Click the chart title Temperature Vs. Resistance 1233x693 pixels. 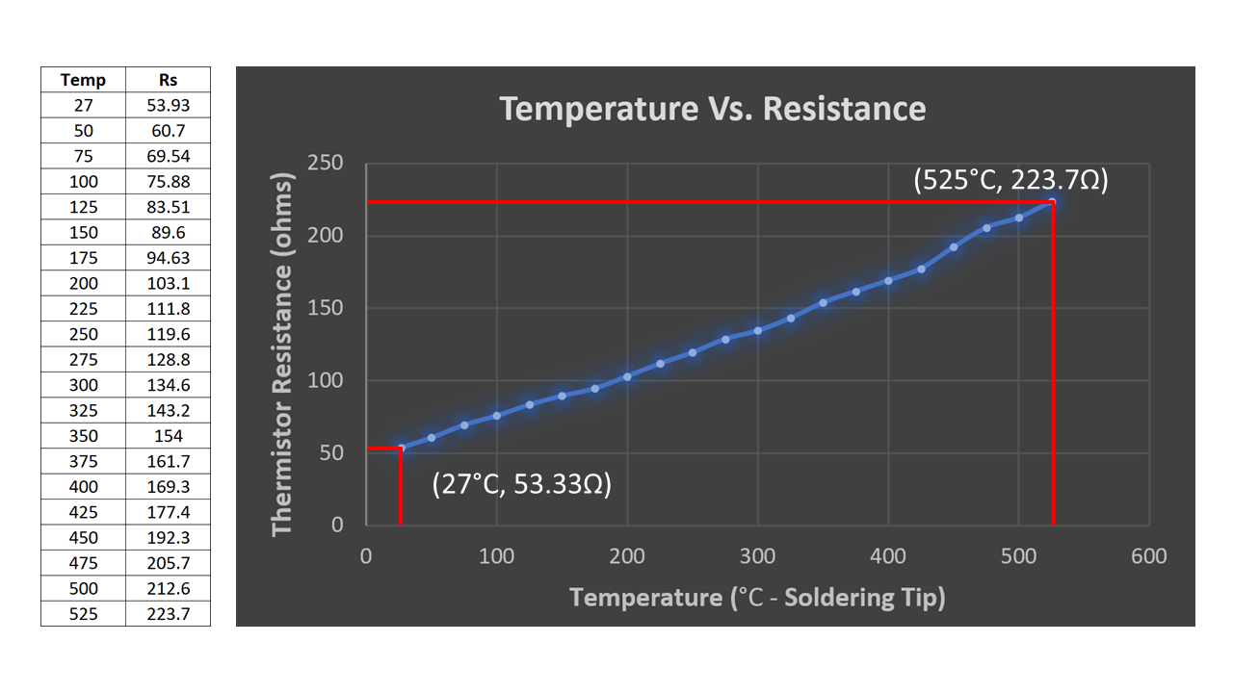pos(712,109)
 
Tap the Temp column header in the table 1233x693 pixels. pos(83,80)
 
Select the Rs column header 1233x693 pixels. pos(168,80)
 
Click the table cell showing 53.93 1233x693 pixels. pos(168,105)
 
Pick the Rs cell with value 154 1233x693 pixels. pos(168,436)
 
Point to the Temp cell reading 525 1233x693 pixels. pos(83,613)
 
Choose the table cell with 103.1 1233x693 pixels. pos(168,283)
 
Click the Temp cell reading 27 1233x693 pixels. pos(83,105)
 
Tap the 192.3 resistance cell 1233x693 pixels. pos(168,537)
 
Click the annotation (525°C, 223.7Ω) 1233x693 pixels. pos(1010,180)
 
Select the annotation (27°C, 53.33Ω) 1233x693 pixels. pos(522,483)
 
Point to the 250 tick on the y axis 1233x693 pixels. pos(325,164)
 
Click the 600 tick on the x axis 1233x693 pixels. pos(1148,556)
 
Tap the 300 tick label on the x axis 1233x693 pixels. pos(757,556)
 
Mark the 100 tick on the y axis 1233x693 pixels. pos(325,381)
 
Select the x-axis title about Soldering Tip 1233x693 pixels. pos(757,598)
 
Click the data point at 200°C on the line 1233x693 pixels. pos(627,376)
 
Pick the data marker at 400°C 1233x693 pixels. pos(888,280)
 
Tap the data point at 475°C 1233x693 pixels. pos(986,228)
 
